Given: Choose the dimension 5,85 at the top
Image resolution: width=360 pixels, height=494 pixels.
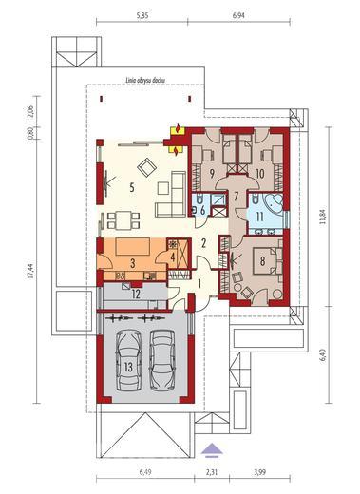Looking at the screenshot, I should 142,17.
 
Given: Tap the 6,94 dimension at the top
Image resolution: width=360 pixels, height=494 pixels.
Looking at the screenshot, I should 247,17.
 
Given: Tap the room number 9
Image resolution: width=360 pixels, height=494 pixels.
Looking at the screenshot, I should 211,174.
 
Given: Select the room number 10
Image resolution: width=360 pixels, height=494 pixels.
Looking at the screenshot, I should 259,173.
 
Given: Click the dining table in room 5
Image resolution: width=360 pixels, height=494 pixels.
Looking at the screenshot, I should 123,220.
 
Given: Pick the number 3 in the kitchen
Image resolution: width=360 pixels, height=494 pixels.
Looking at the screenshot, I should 133,261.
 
